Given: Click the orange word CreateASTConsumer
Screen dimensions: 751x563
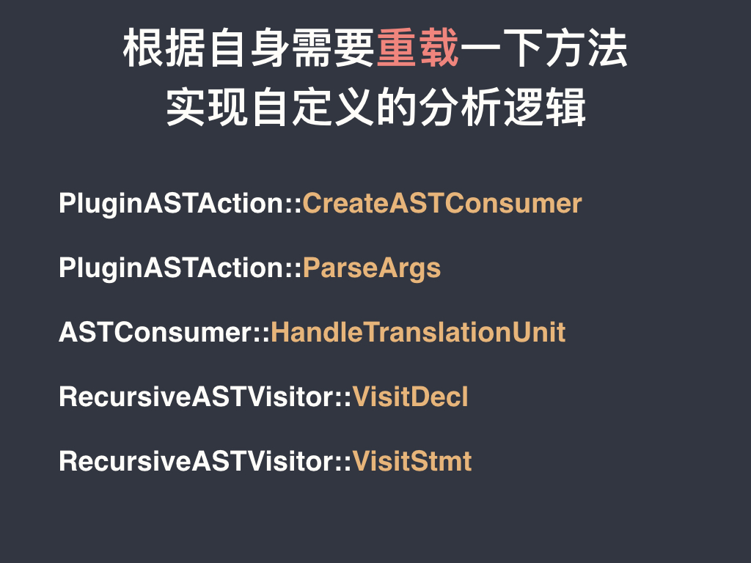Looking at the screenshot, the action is click(442, 203).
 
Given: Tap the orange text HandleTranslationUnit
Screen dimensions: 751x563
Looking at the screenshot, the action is click(418, 332).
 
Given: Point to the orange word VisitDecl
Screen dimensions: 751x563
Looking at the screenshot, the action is click(411, 397).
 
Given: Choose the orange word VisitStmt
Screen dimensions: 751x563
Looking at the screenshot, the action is click(412, 462).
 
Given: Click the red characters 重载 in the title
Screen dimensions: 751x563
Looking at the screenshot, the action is click(418, 48).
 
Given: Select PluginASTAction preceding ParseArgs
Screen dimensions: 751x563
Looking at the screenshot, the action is click(172, 268).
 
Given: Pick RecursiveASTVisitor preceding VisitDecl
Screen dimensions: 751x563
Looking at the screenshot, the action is click(197, 397).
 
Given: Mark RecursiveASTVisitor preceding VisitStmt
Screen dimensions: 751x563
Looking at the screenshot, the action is click(197, 462).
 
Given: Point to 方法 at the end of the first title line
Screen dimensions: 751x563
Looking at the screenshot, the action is click(587, 48).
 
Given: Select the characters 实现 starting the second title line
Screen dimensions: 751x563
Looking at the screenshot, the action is click(207, 107).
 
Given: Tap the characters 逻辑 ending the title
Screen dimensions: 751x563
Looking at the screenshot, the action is click(545, 107).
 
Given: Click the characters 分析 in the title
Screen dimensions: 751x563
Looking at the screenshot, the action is click(461, 107).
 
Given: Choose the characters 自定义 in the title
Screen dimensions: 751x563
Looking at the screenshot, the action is click(312, 107).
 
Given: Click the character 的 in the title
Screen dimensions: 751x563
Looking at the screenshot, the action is click(397, 107).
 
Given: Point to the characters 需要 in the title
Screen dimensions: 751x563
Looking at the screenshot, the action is click(334, 48).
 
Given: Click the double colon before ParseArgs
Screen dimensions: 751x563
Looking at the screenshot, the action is click(295, 268).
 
